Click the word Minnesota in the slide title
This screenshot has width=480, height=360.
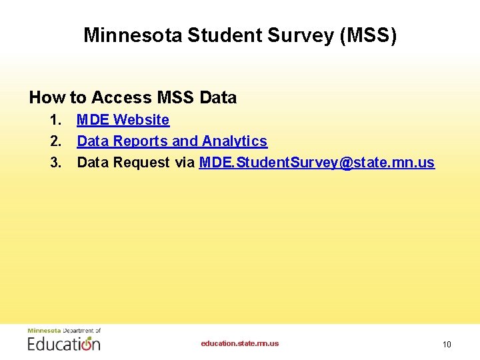[x=132, y=35]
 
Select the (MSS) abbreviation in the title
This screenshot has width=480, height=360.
[x=368, y=35]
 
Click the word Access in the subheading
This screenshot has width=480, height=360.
[x=121, y=98]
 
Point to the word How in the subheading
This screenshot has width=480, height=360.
[x=47, y=98]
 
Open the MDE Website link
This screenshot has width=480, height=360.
[x=123, y=120]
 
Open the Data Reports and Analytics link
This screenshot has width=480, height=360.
[x=172, y=141]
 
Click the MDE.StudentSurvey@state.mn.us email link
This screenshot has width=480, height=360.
[x=317, y=163]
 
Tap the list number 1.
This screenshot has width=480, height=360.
[x=55, y=120]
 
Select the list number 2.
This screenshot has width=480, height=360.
[x=55, y=141]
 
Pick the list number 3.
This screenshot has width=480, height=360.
[x=55, y=163]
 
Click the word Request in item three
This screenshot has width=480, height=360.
[x=139, y=163]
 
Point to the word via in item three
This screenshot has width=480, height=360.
[x=185, y=163]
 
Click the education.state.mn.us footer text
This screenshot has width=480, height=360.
[x=240, y=343]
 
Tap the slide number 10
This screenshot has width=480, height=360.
[x=447, y=345]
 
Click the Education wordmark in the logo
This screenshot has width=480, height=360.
[x=64, y=343]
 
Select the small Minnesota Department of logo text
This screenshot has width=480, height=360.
[x=64, y=331]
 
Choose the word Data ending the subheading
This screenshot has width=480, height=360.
[x=218, y=98]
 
